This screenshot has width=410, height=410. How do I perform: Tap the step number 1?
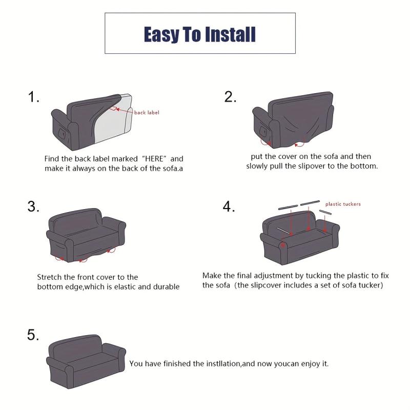[x=33, y=97]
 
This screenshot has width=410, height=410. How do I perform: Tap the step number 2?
[x=230, y=97]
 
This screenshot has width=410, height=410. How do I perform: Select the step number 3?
[x=33, y=207]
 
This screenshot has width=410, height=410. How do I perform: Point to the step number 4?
[x=229, y=207]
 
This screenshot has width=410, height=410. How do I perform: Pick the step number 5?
[x=33, y=335]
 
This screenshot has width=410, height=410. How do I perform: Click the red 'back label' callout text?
[x=147, y=112]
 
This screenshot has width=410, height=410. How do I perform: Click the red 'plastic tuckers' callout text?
[x=343, y=204]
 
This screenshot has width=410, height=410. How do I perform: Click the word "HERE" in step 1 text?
[x=154, y=159]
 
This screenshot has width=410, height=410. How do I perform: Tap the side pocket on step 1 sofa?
[x=62, y=134]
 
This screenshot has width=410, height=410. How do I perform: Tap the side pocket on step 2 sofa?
[x=263, y=131]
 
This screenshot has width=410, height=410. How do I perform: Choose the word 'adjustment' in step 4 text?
[x=273, y=276]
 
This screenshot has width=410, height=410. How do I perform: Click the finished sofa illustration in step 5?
[x=86, y=362]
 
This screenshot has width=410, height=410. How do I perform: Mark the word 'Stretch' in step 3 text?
[x=49, y=277]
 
